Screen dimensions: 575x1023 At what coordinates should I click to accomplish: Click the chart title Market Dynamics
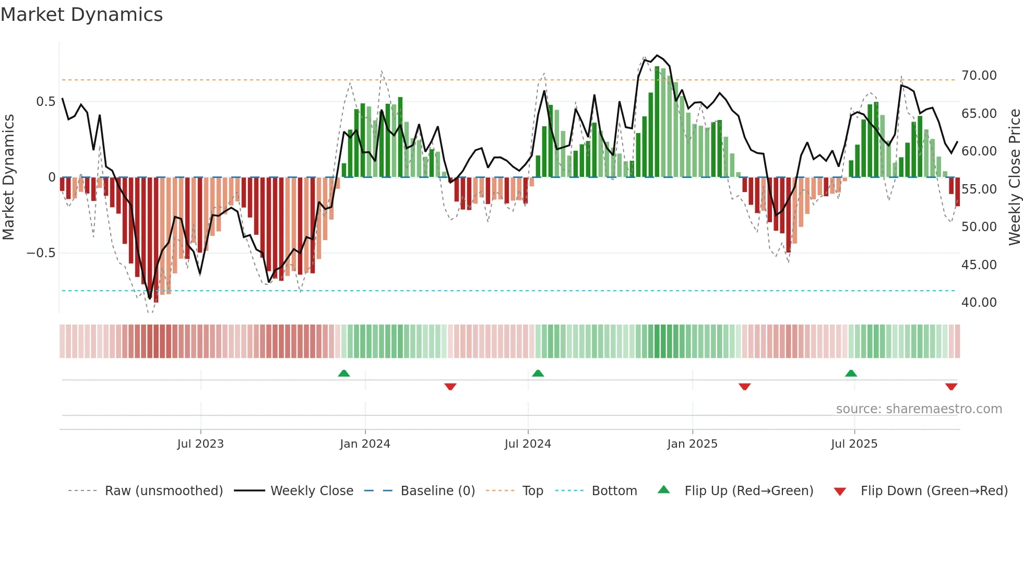click(82, 15)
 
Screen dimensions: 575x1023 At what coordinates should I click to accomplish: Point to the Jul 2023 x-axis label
click(200, 444)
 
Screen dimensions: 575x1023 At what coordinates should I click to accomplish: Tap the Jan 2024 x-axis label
click(365, 444)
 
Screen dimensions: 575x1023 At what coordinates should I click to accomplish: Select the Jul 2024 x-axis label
click(528, 444)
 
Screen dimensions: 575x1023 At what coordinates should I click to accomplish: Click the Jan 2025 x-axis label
click(692, 444)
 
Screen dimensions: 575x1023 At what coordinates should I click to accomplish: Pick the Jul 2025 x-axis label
click(854, 444)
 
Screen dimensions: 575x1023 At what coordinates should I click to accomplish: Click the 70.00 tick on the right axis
click(979, 76)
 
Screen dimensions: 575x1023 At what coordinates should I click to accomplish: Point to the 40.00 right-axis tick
click(979, 303)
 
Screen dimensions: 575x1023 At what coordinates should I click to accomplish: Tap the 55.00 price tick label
click(979, 189)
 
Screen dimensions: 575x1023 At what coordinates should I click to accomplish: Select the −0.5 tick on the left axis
click(41, 253)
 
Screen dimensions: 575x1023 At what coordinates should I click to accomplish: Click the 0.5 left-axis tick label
click(45, 102)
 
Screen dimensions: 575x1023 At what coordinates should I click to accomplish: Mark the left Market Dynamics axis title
click(8, 177)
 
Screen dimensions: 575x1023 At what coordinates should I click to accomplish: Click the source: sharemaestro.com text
click(919, 409)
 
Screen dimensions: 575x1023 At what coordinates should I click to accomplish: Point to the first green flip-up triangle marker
click(344, 373)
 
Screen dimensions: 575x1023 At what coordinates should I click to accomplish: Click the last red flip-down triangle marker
click(951, 387)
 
